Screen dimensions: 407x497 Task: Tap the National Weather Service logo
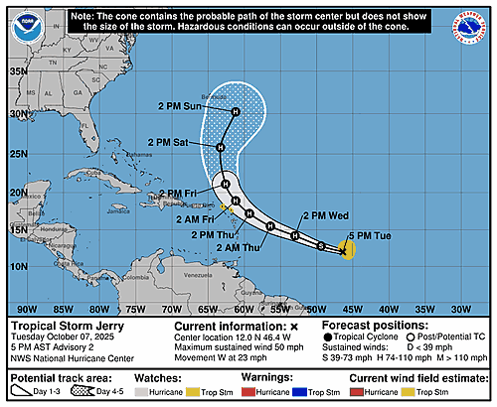(x=470, y=26)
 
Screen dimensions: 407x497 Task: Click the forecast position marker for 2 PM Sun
(x=235, y=113)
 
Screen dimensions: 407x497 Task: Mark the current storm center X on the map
(x=342, y=251)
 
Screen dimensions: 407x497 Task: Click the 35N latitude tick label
(x=17, y=71)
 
